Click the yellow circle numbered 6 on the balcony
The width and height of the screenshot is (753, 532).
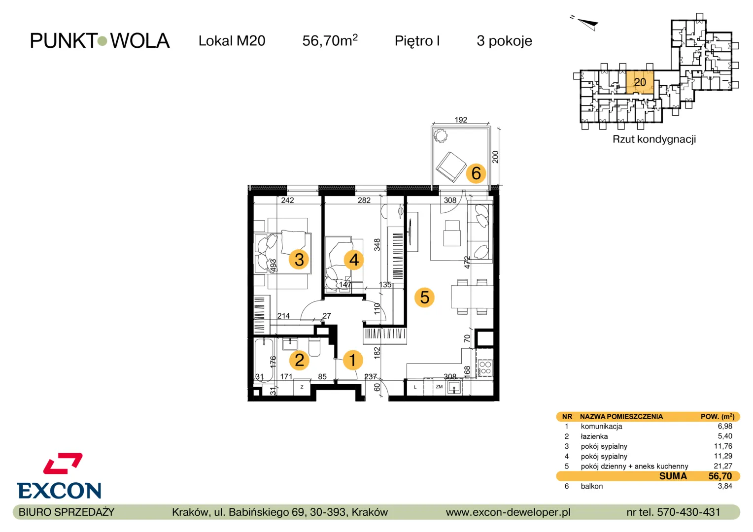tap(476, 173)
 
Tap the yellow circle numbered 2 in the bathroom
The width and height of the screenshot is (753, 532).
tap(299, 360)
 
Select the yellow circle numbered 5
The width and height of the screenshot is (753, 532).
tap(425, 298)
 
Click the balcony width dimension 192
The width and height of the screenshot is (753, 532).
tap(461, 120)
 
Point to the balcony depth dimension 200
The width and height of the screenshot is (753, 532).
tap(495, 157)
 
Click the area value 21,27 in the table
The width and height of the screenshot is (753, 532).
tap(723, 466)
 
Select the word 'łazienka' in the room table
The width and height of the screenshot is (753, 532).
tap(594, 436)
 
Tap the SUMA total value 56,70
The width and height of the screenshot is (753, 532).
tap(720, 476)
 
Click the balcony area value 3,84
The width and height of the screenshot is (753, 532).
tap(725, 486)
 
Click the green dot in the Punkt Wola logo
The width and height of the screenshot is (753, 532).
tap(102, 41)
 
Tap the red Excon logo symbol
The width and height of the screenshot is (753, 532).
tap(63, 464)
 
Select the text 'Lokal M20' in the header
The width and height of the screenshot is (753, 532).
tap(232, 41)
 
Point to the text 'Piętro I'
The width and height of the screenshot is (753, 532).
tap(417, 41)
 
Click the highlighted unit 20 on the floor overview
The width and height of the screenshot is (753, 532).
tap(640, 82)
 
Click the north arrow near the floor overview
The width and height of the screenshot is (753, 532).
tap(588, 24)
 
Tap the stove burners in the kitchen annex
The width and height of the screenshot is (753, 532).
tap(485, 367)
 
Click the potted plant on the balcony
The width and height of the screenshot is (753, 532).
tap(440, 136)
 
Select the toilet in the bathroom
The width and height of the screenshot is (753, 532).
tap(314, 347)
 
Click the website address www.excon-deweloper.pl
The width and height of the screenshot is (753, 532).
tap(508, 512)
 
